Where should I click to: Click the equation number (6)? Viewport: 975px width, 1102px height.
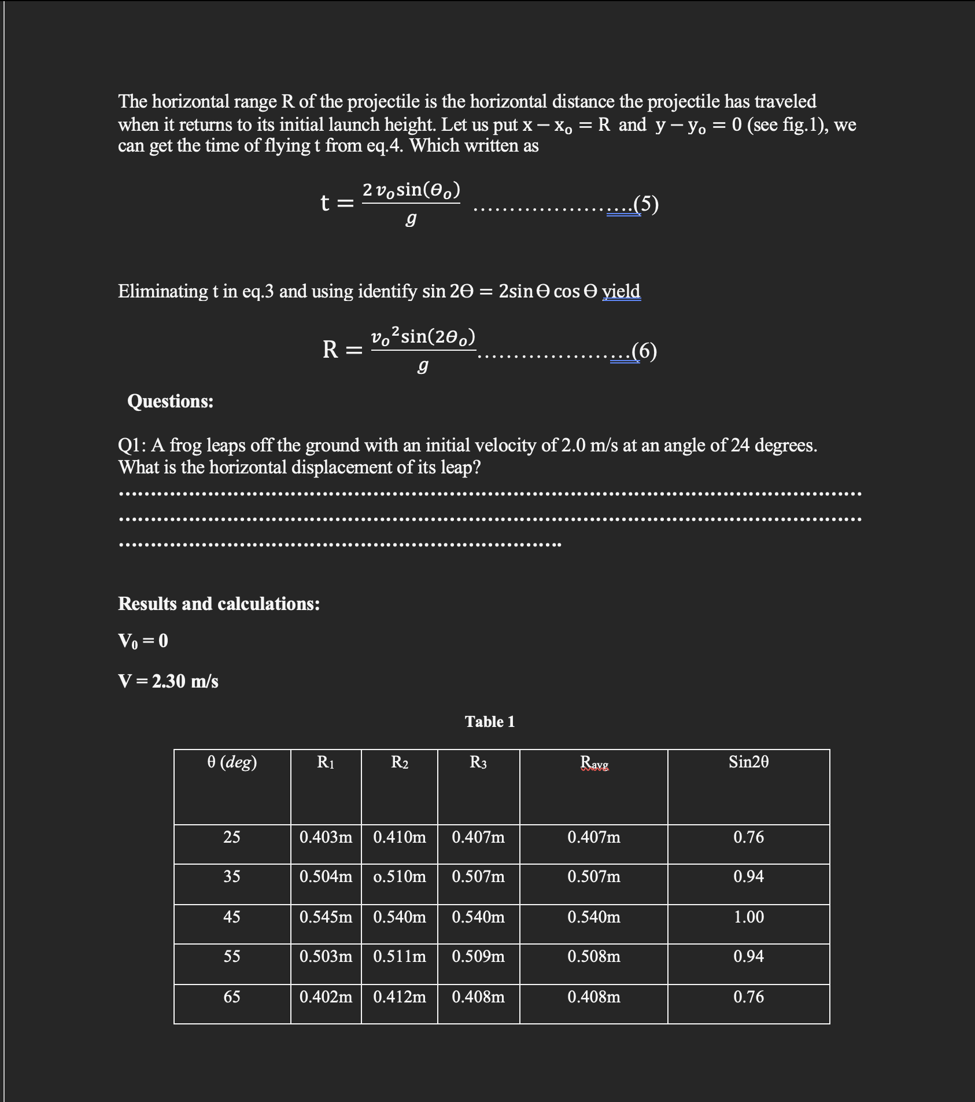coord(645,351)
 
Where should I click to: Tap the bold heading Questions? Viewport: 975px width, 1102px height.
coord(170,401)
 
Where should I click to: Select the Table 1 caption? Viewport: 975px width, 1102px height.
coord(489,721)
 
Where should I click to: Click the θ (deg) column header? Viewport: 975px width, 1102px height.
coord(232,762)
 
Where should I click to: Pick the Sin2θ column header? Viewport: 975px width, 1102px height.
coord(748,762)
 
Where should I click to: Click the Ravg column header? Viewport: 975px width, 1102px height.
coord(594,763)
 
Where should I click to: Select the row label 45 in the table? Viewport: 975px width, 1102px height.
coord(232,917)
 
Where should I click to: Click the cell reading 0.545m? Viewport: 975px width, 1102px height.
coord(326,917)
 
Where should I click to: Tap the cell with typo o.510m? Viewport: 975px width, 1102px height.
coord(399,877)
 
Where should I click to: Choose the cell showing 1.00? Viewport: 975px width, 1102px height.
coord(748,917)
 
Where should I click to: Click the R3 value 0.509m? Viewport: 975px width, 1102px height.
coord(478,957)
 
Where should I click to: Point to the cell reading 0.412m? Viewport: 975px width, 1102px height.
coord(399,997)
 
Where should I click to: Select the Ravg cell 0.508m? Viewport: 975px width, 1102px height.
coord(594,957)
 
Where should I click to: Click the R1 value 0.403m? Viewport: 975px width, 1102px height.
coord(326,837)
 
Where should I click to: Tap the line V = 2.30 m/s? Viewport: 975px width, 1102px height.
coord(168,681)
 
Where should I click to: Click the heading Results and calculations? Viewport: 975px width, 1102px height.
coord(219,604)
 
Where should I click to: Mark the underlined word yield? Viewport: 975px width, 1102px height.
coord(621,291)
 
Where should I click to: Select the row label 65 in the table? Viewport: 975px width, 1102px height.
coord(232,997)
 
